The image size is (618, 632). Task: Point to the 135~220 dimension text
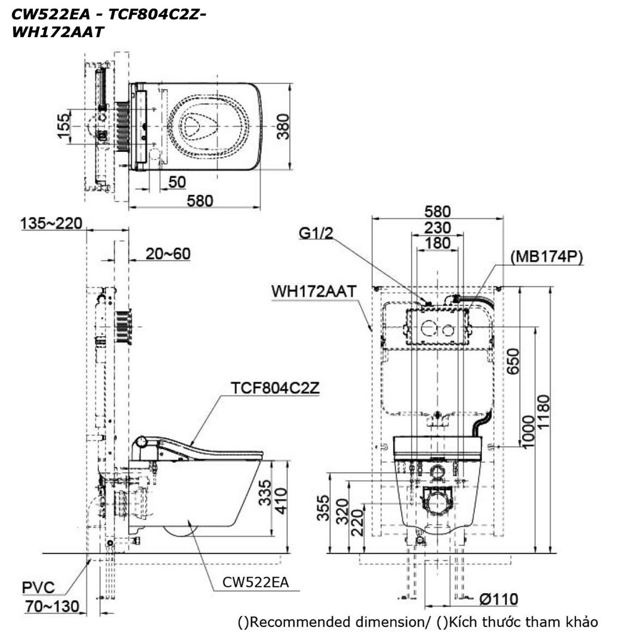pyautogui.click(x=51, y=223)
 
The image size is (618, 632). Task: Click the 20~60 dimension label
pyautogui.click(x=168, y=253)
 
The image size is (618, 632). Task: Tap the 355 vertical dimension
pyautogui.click(x=322, y=508)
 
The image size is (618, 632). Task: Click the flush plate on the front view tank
pyautogui.click(x=437, y=326)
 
